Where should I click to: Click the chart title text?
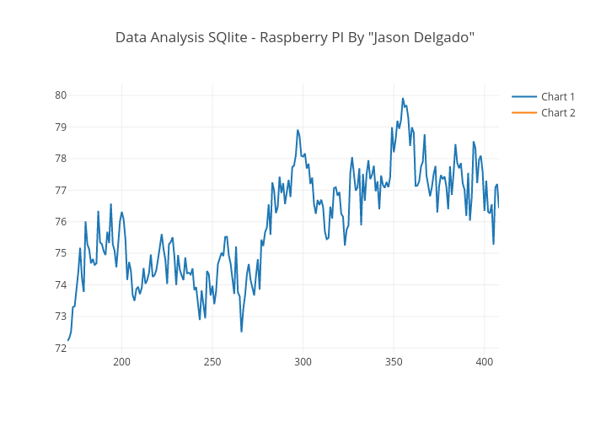(x=295, y=37)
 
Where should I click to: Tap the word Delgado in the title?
(x=437, y=38)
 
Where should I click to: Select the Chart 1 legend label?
(x=558, y=97)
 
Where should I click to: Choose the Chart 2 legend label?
(x=558, y=113)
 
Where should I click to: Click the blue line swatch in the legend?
(x=524, y=97)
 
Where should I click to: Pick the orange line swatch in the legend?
(x=524, y=113)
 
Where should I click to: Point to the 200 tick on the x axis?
(x=121, y=362)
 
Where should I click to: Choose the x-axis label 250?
(x=212, y=362)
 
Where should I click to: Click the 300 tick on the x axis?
(x=303, y=362)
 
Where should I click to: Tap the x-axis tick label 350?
(x=394, y=362)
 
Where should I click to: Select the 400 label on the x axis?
(x=484, y=362)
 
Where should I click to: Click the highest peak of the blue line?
(x=403, y=98)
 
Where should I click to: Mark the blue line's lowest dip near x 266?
(x=241, y=331)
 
